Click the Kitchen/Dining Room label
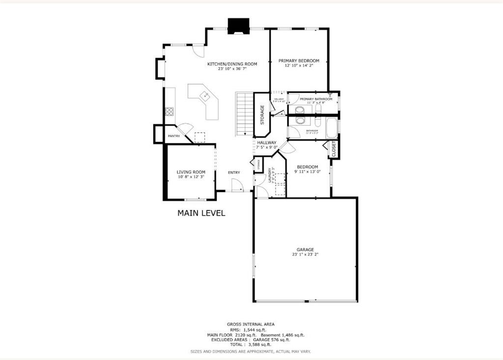232,64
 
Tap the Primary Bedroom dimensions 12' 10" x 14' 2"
299,65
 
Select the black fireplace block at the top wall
238,26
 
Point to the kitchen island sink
205,95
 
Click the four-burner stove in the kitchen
169,111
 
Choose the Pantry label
173,136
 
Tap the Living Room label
190,172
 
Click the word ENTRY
234,172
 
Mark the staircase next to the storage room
244,113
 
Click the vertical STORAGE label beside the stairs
262,114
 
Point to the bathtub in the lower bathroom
332,127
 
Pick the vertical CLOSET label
334,149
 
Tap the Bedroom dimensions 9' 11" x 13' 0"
307,172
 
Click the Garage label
305,249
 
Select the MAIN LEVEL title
201,213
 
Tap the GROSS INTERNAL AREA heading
251,324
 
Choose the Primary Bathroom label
316,99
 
